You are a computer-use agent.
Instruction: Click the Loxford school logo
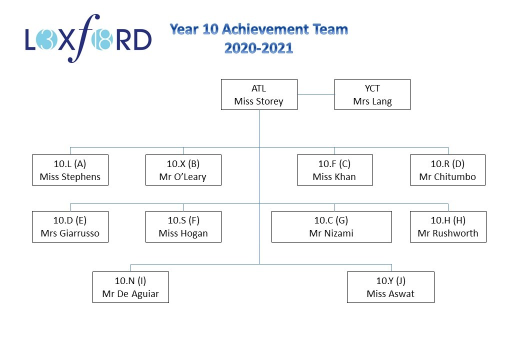click(88, 38)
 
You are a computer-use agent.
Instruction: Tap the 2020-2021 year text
click(258, 48)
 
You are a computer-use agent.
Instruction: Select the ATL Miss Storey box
click(259, 94)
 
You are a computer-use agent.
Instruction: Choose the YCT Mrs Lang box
click(372, 94)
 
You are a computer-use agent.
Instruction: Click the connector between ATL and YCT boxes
click(315, 94)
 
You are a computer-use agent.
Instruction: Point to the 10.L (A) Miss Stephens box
click(70, 170)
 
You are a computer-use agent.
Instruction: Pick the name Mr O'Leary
click(182, 177)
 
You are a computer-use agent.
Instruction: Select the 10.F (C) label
click(334, 164)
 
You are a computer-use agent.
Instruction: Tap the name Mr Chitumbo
click(447, 177)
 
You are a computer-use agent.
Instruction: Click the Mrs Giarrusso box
click(70, 226)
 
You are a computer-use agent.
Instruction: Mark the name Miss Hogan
click(183, 233)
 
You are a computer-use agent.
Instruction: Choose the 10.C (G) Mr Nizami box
click(331, 226)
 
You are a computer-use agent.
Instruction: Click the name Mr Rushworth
click(448, 233)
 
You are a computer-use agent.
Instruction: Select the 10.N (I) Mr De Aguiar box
click(130, 287)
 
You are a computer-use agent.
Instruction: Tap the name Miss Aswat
click(390, 294)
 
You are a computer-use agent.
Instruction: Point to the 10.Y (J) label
click(390, 281)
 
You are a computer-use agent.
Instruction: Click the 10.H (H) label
click(448, 220)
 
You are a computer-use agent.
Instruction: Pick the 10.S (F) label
click(183, 220)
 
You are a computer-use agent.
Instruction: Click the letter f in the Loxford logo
click(84, 38)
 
